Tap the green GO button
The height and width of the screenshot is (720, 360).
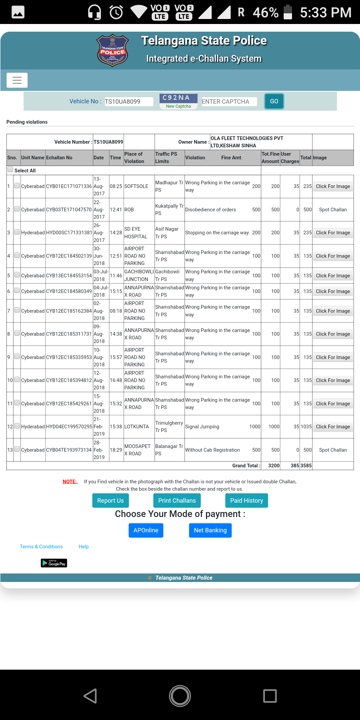point(274,101)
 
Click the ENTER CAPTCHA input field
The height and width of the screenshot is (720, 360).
point(229,102)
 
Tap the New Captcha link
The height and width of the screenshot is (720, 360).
point(178,106)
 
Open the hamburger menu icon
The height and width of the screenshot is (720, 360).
point(17,80)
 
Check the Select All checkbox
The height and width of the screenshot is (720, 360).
point(10,170)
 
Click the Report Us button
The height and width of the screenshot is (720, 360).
point(110,501)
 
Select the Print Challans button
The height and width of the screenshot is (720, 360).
point(177,501)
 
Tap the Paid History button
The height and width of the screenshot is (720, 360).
point(246,501)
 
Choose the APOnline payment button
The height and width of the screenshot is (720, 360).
point(146,530)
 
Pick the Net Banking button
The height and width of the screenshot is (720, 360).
point(210,530)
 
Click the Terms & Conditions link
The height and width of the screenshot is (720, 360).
point(41,547)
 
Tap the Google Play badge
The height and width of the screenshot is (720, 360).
point(54,563)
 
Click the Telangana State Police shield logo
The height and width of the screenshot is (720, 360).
point(113,50)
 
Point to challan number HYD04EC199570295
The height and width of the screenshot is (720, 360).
point(69,427)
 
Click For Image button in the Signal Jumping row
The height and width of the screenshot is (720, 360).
point(333,427)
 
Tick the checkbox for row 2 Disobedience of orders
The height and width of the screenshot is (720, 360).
point(17,209)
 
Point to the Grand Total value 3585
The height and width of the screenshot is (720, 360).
point(306,466)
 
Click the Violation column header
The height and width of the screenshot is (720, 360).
point(195,158)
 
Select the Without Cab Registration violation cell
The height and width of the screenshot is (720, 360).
point(212,450)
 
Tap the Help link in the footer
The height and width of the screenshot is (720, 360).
point(84,547)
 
